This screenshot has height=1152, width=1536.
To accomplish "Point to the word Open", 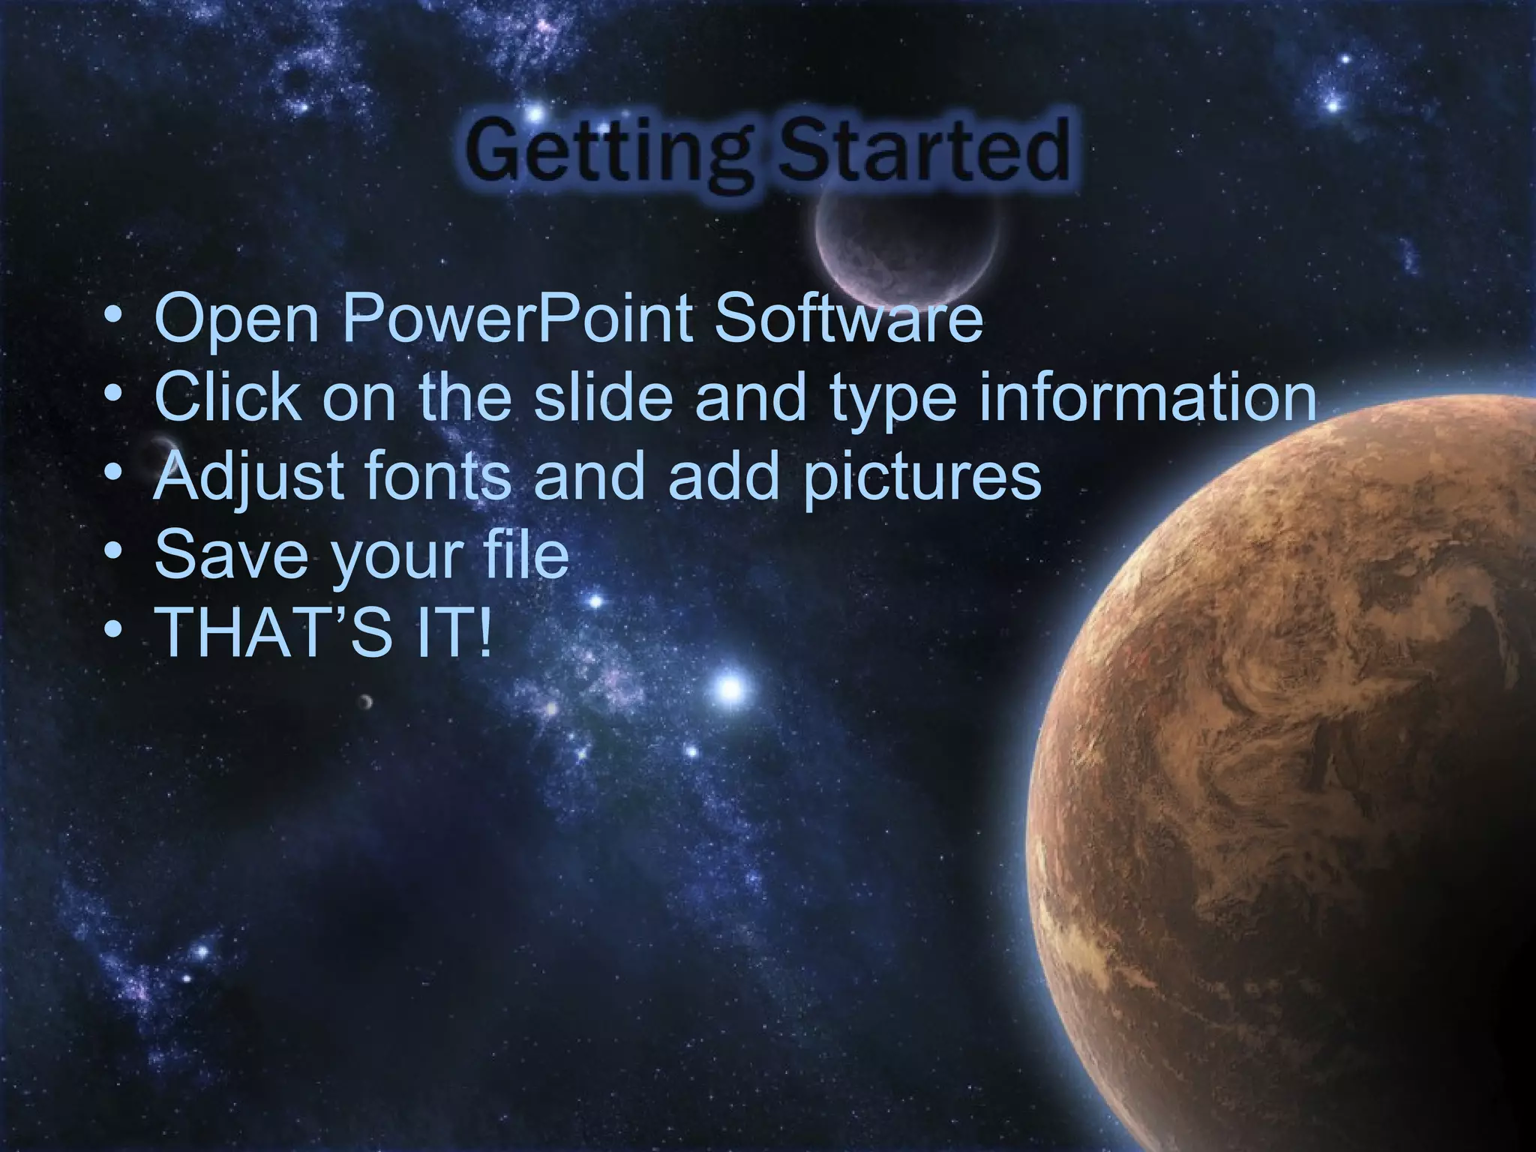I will (x=237, y=319).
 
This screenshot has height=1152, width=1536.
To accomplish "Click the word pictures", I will (x=922, y=477).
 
